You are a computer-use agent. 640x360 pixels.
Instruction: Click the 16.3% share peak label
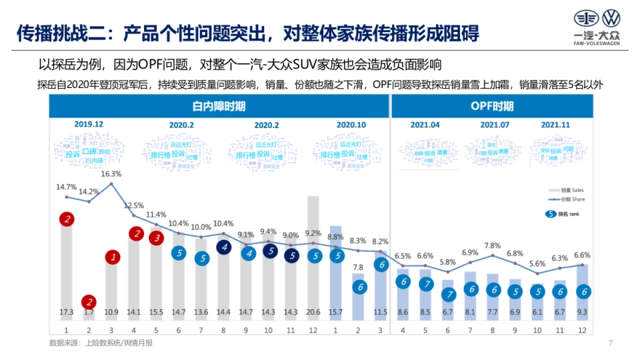coord(111,173)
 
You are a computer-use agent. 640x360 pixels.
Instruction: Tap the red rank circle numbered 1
coord(112,258)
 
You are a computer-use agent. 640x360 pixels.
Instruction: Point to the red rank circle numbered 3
coord(157,238)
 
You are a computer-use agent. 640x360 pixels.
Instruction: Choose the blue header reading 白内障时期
coord(219,107)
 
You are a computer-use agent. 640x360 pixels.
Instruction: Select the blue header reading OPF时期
coord(492,107)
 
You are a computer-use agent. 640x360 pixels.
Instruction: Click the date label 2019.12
coord(89,124)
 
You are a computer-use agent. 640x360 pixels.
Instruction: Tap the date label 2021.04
coord(425,125)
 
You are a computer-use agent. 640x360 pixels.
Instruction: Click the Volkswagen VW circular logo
coord(611,19)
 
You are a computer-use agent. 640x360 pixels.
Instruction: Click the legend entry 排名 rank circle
coord(550,214)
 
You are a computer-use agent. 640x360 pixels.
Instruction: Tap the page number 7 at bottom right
coord(610,343)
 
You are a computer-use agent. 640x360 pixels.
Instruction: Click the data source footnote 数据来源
coord(101,343)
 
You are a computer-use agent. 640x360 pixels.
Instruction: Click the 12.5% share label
coord(134,205)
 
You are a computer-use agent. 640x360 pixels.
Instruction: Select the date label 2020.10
coord(351,125)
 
